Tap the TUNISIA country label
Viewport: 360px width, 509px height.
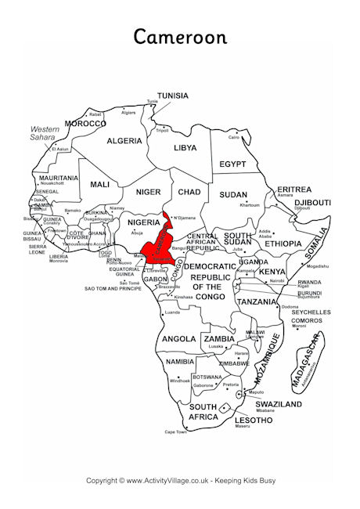tap(172, 96)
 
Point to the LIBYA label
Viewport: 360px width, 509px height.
tap(185, 147)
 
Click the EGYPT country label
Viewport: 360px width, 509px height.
tap(233, 164)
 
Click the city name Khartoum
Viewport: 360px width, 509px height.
tap(250, 205)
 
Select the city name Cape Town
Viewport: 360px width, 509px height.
tap(175, 431)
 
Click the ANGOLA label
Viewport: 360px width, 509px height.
tap(176, 339)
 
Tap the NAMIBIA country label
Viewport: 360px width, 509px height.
tap(180, 362)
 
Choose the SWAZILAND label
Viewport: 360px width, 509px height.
tap(278, 404)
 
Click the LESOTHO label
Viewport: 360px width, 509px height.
tap(254, 420)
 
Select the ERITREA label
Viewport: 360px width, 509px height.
tap(293, 190)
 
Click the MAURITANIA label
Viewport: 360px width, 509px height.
tap(59, 178)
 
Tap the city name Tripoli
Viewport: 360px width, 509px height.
tap(162, 130)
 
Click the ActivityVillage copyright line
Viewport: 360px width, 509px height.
tap(180, 479)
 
